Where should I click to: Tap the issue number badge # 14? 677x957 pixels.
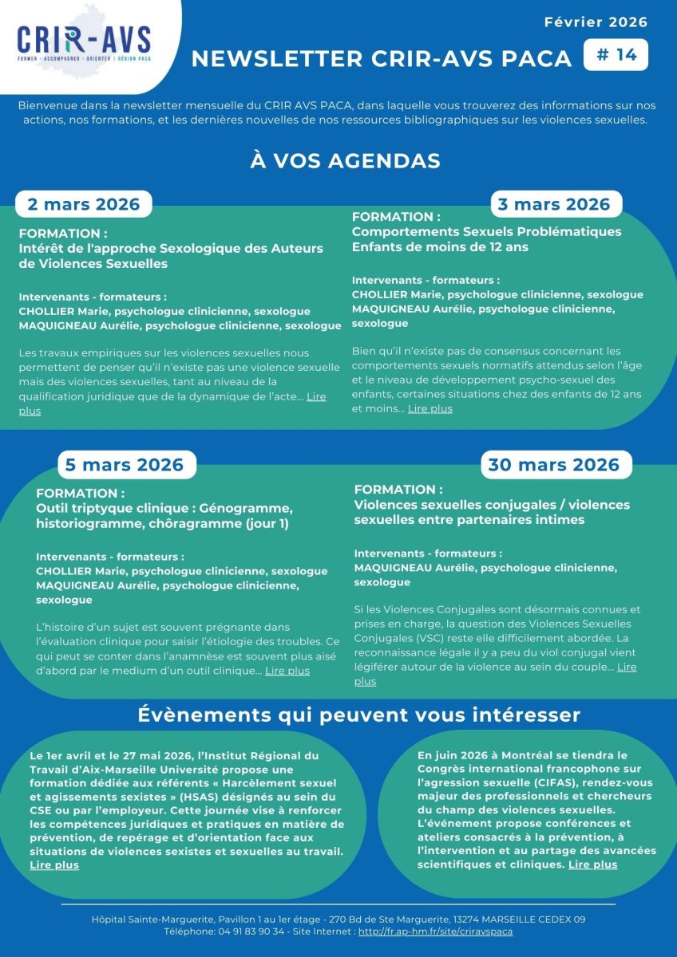(x=616, y=55)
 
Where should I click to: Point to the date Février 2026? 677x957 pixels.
(x=596, y=22)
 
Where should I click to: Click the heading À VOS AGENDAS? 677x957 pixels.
(x=345, y=160)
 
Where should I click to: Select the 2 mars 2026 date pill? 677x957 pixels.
(x=84, y=203)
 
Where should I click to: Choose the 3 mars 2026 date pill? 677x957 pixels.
(x=554, y=204)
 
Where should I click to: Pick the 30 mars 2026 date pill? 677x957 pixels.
(x=553, y=464)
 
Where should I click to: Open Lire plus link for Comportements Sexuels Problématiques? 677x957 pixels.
(x=430, y=408)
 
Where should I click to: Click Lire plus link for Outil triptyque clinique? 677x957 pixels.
(x=287, y=671)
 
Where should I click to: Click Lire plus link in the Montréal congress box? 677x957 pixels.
(x=592, y=864)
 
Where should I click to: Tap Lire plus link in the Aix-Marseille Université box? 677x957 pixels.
(x=54, y=865)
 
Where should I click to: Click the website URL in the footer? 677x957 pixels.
(x=435, y=931)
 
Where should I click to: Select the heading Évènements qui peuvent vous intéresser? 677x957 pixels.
(x=358, y=714)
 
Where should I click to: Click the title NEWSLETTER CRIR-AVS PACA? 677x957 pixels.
(x=382, y=58)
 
